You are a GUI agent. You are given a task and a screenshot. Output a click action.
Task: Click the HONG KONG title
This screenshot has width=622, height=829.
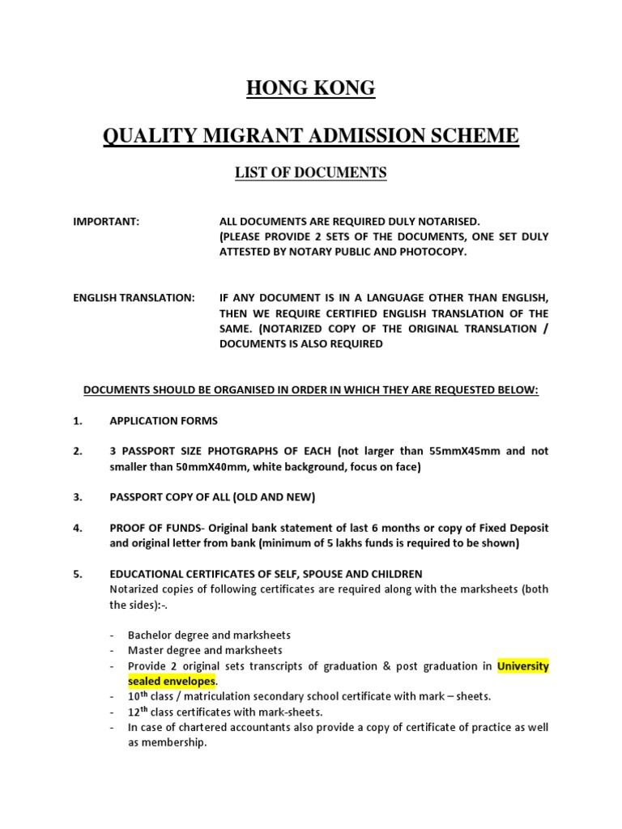click(x=311, y=88)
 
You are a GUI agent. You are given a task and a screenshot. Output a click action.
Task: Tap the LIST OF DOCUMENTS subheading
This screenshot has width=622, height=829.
click(x=311, y=172)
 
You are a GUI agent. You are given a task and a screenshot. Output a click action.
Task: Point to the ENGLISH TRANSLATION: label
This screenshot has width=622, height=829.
click(x=134, y=298)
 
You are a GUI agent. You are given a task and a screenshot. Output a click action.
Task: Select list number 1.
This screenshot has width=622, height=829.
click(x=78, y=421)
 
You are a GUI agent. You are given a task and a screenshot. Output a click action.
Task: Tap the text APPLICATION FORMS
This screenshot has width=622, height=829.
click(x=164, y=421)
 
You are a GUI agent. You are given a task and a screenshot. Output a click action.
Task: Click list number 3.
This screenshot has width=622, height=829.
click(x=78, y=497)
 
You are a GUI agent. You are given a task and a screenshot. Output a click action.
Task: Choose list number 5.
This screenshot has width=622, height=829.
click(x=78, y=574)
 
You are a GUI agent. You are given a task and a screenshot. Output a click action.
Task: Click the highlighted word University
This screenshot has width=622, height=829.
click(x=522, y=666)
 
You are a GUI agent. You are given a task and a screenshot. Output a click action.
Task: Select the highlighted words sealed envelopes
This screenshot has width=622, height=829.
click(x=171, y=682)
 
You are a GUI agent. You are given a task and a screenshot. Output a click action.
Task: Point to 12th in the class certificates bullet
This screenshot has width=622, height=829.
click(x=138, y=712)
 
